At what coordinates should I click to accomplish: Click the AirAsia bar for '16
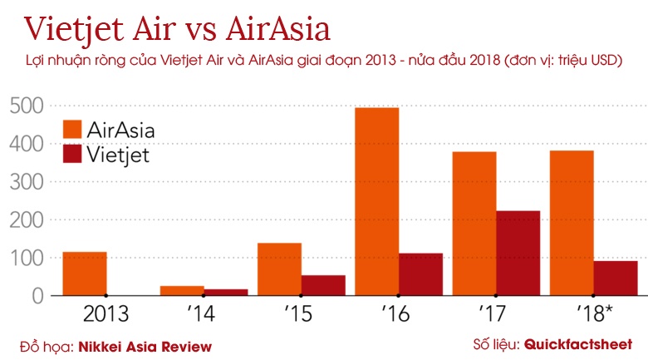[x=376, y=201]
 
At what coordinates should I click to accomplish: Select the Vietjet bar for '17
[x=518, y=253]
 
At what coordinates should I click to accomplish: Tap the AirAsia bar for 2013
[x=85, y=274]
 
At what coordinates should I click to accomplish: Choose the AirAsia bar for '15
[x=279, y=269]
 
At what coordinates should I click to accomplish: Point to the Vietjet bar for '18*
[x=616, y=278]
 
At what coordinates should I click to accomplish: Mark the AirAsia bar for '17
[x=474, y=223]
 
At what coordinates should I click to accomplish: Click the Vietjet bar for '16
[x=420, y=274]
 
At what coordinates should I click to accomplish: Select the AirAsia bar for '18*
[x=572, y=223]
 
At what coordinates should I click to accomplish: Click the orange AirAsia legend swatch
[x=73, y=131]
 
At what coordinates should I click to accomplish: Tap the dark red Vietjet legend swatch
[x=73, y=154]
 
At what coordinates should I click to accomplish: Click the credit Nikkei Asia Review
[x=145, y=346]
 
